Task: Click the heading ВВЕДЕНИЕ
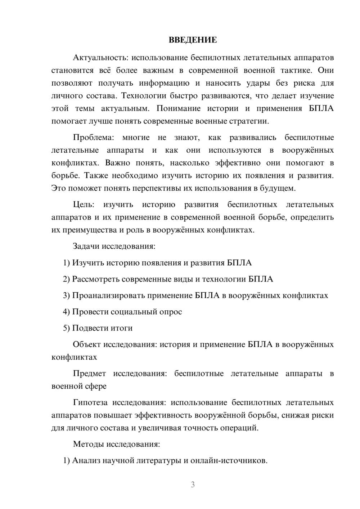click(193, 40)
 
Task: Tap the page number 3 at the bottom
click(193, 485)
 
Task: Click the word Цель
click(84, 204)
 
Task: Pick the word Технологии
click(143, 96)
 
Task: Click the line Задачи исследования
click(114, 246)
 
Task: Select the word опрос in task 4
click(170, 312)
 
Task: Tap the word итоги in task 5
click(122, 328)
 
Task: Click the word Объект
click(87, 344)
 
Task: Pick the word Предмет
click(89, 373)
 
